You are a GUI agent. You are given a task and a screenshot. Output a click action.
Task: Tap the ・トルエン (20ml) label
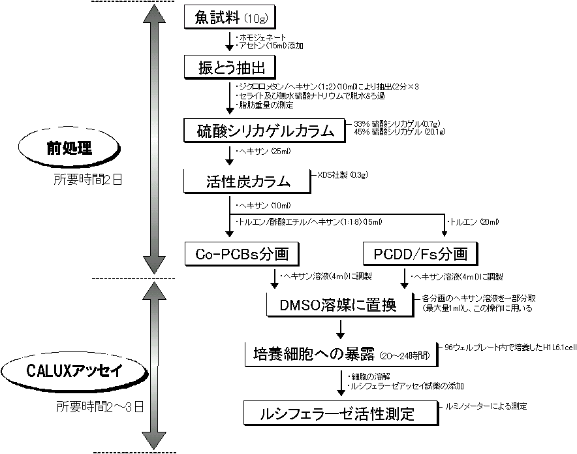(x=473, y=222)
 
